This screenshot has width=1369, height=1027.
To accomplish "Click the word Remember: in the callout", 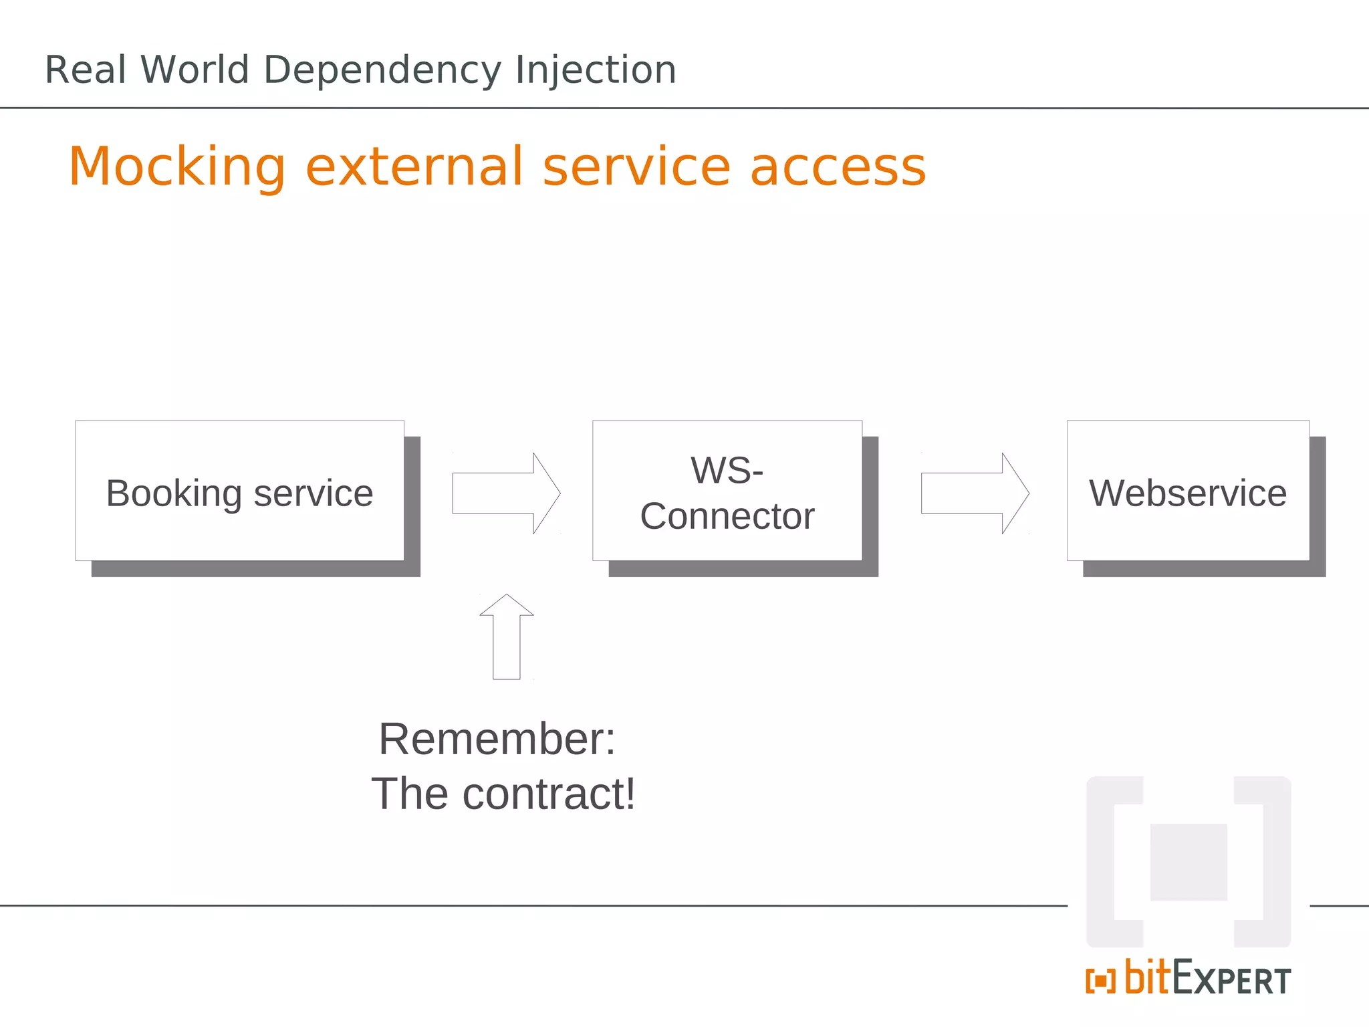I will [x=497, y=739].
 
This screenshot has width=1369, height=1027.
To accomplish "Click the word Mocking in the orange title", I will [x=178, y=167].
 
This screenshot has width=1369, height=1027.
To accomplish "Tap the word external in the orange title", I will [x=414, y=167].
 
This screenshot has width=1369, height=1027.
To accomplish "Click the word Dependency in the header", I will [x=382, y=70].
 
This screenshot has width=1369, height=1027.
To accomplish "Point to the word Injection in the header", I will [x=596, y=70].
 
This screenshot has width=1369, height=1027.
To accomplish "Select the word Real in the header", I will [x=86, y=70].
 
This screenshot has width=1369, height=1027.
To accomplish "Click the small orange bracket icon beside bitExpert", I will [x=1100, y=982].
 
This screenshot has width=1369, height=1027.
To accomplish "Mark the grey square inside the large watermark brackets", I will [x=1189, y=863].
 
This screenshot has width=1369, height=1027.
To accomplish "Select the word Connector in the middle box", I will [x=727, y=516].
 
